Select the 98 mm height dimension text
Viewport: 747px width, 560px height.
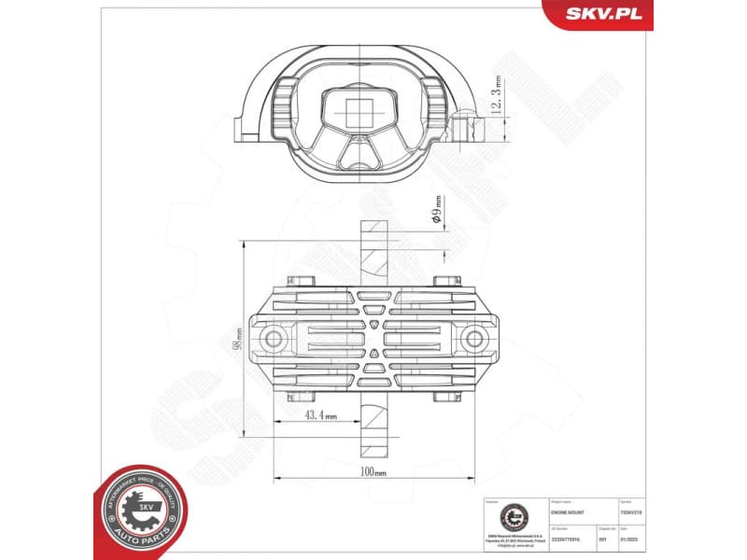click(239, 337)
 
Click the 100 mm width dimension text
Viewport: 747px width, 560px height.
click(373, 472)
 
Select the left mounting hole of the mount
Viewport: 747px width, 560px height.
click(274, 337)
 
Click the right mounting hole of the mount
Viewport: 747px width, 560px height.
click(473, 337)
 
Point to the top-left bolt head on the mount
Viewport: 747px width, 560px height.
click(299, 281)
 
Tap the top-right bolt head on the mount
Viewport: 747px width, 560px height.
click(445, 281)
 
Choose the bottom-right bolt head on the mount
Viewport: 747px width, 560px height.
click(445, 397)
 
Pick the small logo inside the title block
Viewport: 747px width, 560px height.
click(511, 514)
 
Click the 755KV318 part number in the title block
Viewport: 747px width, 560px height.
click(630, 512)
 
